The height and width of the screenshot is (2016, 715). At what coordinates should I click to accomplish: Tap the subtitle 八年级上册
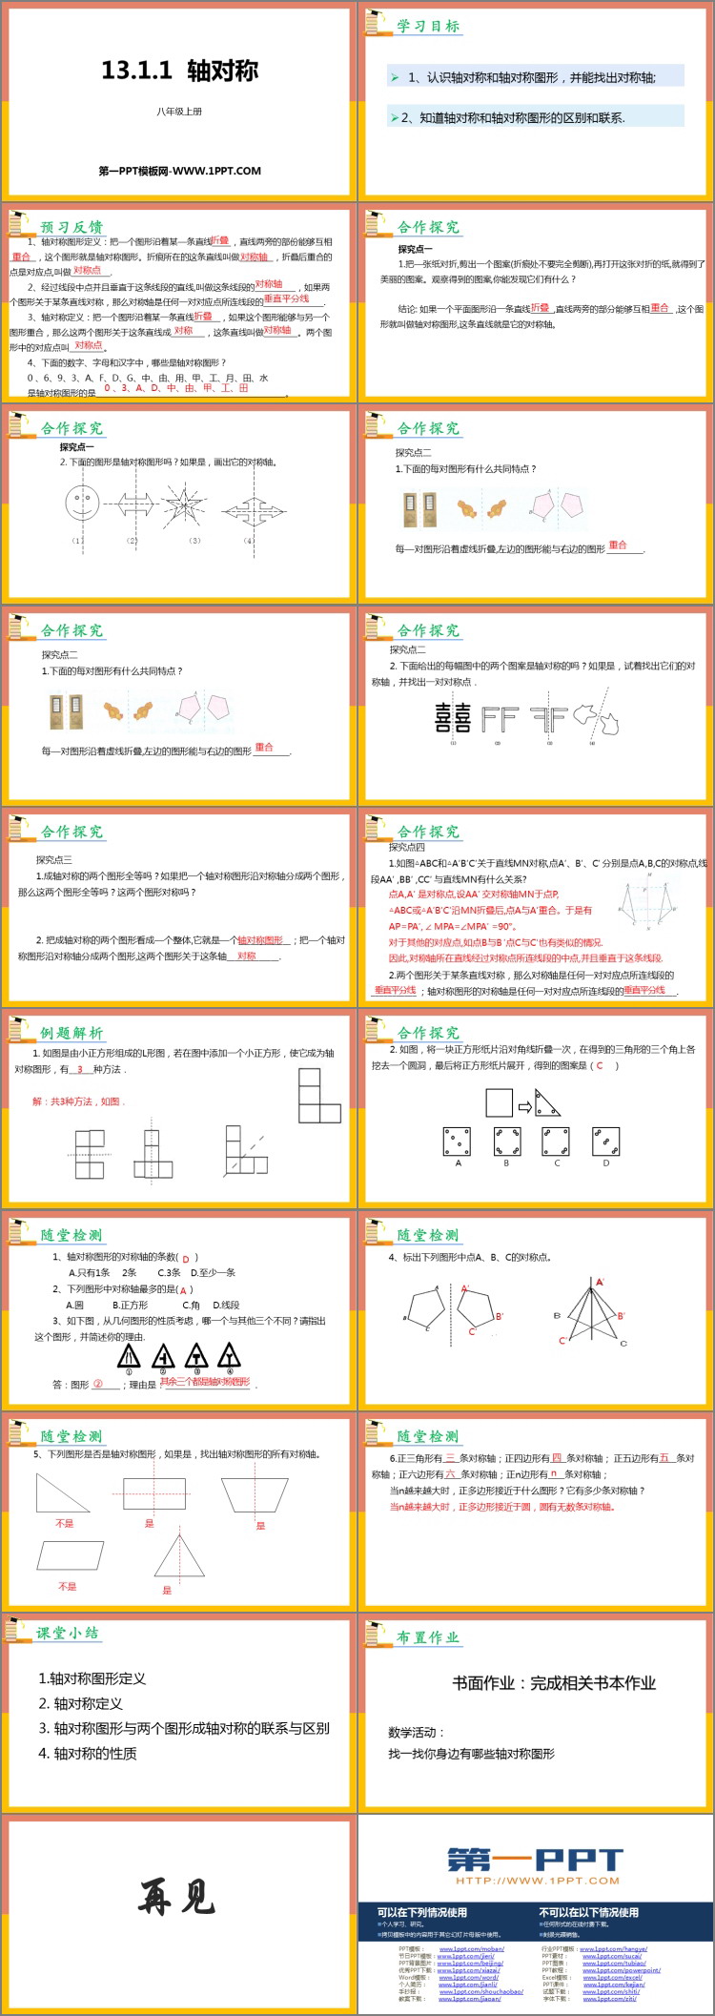click(179, 112)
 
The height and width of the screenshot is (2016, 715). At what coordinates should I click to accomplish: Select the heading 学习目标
click(428, 27)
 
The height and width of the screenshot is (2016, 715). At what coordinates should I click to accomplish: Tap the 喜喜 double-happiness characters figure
click(453, 718)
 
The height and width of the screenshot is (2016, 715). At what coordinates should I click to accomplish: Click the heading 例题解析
click(71, 1033)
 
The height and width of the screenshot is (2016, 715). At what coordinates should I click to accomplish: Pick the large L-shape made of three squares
click(318, 1094)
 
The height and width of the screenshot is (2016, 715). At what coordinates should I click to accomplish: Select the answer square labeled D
click(605, 1142)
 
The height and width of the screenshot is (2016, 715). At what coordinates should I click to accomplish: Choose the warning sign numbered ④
click(229, 1354)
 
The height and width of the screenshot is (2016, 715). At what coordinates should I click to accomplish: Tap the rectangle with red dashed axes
click(150, 1493)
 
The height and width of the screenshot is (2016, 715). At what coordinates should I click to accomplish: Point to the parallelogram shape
click(71, 1555)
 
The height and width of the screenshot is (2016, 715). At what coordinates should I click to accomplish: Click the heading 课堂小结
click(67, 1632)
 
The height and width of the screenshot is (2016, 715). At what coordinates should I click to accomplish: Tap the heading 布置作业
click(428, 1637)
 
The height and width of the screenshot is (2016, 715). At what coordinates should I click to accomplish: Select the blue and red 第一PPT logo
click(535, 1859)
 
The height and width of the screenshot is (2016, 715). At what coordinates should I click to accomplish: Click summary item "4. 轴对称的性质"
click(88, 1753)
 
